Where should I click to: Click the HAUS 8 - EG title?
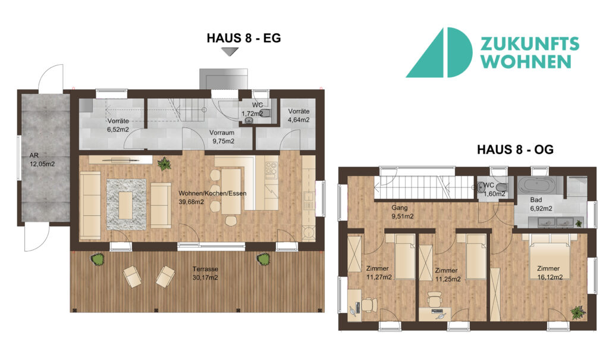click(243, 38)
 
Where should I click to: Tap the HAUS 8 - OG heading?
click(515, 150)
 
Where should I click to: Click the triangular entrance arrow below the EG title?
click(230, 52)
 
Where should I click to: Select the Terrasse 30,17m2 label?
click(205, 273)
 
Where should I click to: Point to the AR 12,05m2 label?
click(42, 160)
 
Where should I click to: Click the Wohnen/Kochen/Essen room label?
click(212, 198)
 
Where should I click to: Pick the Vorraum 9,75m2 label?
click(222, 137)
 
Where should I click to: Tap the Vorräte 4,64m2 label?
click(299, 115)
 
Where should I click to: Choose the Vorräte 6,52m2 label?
click(118, 125)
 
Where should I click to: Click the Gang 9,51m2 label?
click(403, 212)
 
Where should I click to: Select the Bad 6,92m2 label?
click(541, 204)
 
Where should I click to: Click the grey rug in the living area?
click(126, 204)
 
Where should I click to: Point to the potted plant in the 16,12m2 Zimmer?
click(578, 312)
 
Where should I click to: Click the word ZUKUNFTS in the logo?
click(530, 44)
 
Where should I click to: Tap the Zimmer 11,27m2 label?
click(379, 273)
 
